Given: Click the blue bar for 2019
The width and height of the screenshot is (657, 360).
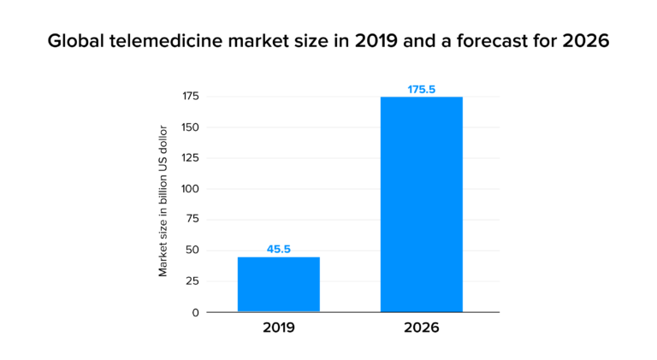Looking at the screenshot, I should tap(278, 284).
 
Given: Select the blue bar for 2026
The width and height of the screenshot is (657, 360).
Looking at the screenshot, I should tap(421, 204).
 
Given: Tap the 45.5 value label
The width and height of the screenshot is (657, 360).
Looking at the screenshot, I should tap(278, 249).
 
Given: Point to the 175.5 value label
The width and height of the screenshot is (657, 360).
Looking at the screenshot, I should tap(421, 88).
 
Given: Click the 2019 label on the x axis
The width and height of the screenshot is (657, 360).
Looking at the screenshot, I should tap(278, 328).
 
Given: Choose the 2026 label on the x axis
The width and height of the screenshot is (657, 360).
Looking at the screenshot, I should tap(421, 328).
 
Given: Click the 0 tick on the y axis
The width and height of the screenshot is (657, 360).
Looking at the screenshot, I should tap(195, 312).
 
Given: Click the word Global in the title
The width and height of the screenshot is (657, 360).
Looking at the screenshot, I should tap(74, 41).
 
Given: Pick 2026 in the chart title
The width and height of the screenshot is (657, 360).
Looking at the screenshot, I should tap(585, 41).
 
